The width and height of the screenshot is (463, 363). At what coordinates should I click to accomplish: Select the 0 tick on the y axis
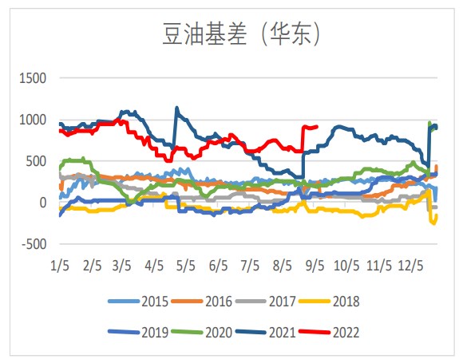click(42, 203)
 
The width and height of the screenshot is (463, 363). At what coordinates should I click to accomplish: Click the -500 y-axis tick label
click(33, 244)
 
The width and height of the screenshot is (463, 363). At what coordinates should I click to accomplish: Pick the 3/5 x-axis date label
click(122, 263)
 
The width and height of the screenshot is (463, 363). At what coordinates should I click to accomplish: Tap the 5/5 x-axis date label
click(186, 263)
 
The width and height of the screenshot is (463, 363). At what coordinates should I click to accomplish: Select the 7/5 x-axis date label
click(250, 263)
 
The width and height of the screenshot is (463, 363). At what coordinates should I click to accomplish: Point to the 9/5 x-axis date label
click(314, 263)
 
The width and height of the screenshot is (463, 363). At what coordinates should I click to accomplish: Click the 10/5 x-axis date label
click(346, 263)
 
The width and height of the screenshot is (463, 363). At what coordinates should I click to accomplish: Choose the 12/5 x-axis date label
click(410, 263)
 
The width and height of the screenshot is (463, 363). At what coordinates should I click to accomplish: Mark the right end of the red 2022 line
click(318, 126)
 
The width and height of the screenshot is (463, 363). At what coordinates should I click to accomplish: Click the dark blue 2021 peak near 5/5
click(176, 108)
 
